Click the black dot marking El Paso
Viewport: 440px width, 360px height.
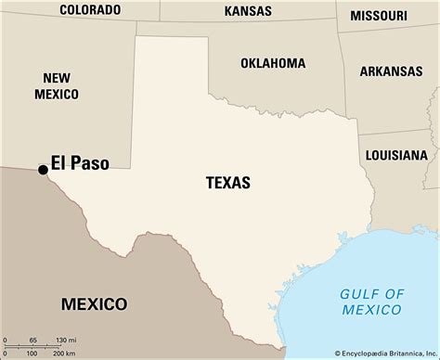coord(43,169)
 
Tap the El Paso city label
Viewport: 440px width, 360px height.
coord(80,163)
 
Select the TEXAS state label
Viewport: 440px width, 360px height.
coord(227,183)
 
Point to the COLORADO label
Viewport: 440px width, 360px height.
coord(90,10)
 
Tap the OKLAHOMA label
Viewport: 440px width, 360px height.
coord(273,63)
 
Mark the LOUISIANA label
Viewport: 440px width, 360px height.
coord(396,155)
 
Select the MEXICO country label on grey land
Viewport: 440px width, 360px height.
coord(94,303)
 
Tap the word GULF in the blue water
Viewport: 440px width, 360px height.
coord(352,294)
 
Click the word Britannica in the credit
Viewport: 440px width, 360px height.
coord(399,353)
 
